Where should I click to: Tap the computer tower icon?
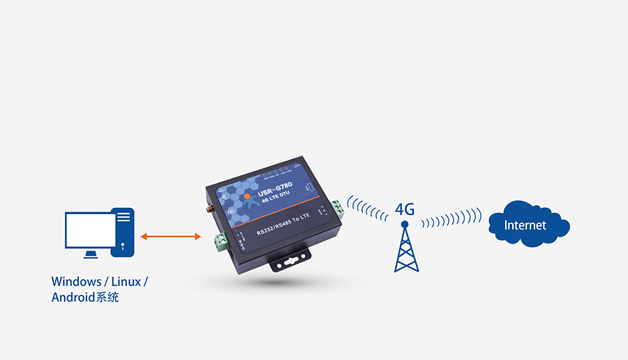pos(124,230)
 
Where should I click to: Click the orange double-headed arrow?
pos(171,237)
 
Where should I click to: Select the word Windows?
pos(75,282)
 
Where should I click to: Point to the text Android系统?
pos(85,298)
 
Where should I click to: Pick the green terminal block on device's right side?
pos(338,208)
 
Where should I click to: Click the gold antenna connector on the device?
pos(209,208)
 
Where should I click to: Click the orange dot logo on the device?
pos(247,196)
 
